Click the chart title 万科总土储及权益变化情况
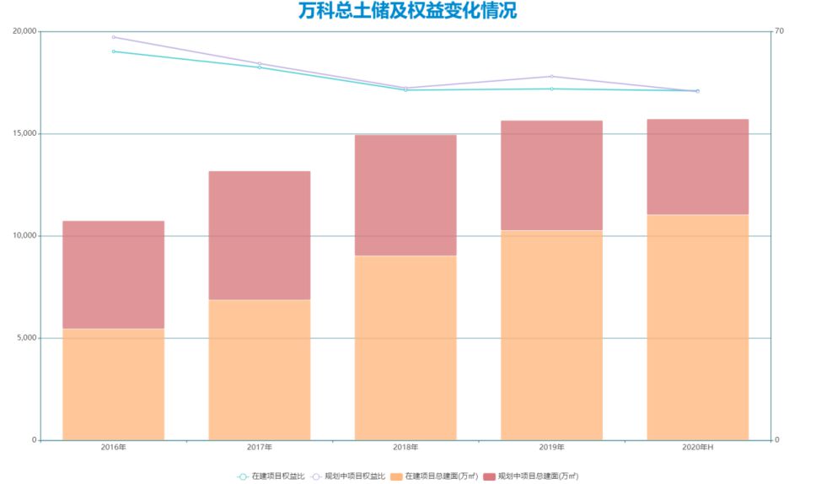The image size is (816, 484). coord(407,11)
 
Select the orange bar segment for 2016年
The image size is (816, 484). coord(113,384)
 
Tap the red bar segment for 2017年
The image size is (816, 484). coord(260,235)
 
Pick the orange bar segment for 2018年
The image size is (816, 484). coord(405,347)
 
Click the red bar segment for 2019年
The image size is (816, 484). coord(551,175)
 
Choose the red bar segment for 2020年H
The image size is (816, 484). coord(697,167)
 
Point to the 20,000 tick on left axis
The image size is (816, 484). coord(25,31)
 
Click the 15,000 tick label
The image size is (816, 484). coord(25,133)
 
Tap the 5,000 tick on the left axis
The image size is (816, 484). coord(27,338)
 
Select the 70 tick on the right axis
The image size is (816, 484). coord(780,31)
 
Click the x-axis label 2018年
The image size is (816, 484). coord(405,447)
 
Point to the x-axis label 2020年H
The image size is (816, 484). coord(697,447)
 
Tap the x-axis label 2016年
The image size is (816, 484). coord(113,447)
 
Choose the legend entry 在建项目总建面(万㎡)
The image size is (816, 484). coord(441,476)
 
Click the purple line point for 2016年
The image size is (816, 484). coord(113,37)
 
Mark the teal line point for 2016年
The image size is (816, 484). coord(113,51)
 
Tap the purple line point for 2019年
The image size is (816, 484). coord(551,77)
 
